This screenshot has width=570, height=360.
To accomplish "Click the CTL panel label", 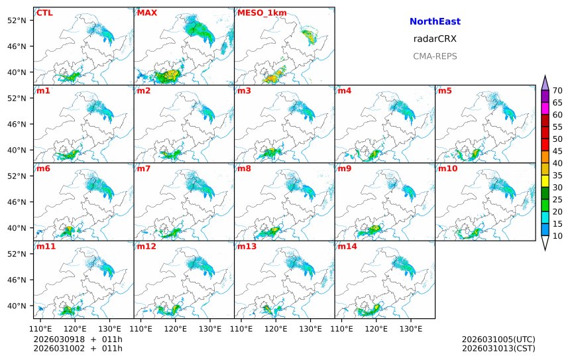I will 44,13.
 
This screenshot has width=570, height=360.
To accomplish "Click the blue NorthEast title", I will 435,22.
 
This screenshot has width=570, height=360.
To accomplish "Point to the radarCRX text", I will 435,38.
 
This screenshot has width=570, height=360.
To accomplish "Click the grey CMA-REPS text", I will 435,56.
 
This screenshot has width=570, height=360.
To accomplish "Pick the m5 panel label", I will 445,91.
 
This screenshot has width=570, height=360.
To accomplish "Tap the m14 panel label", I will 347,247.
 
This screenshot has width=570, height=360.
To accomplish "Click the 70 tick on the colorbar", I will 557,91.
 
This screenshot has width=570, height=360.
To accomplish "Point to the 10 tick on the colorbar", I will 557,236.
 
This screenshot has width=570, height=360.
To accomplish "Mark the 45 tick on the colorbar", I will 557,151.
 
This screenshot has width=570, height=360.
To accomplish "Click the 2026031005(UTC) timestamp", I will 498,339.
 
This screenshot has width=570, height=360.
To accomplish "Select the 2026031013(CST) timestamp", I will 498,348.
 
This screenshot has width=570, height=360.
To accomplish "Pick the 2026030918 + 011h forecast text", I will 78,339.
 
